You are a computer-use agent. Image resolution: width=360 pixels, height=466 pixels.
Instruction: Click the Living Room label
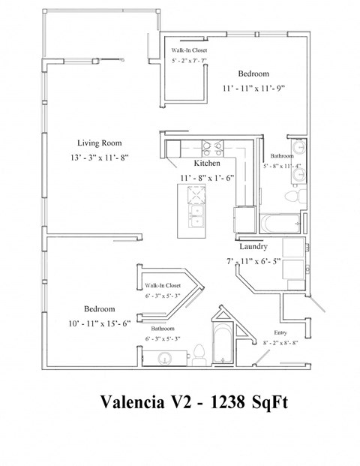point(99,143)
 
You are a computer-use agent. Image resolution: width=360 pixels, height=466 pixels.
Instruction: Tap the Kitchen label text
point(207,163)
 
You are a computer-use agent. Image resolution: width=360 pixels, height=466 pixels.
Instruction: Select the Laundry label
point(253,246)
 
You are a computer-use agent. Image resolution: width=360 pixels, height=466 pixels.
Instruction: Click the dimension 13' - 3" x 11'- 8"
point(99,158)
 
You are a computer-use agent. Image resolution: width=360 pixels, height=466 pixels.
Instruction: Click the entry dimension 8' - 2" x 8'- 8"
point(281,342)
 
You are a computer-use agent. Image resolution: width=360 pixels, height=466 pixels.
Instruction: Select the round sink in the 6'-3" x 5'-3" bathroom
point(163,356)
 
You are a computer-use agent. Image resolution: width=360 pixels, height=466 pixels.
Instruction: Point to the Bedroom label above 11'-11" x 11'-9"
point(253,74)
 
